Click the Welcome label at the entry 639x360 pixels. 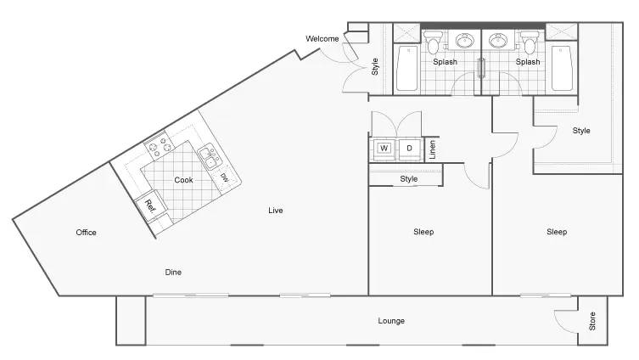322,39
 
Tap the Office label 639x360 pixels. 86,233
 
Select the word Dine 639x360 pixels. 173,272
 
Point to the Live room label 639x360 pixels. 276,211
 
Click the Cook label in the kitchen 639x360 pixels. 183,180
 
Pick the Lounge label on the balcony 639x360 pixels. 391,321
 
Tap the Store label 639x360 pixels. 592,321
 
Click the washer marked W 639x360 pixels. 384,149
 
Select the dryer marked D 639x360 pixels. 410,149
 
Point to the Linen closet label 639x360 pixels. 433,149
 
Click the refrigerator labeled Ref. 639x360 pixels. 149,206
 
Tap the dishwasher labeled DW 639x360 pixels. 225,178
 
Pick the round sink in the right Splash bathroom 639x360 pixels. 497,41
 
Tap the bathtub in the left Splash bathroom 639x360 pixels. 407,68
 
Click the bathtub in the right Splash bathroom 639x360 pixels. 562,68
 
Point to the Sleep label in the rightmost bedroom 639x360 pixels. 557,232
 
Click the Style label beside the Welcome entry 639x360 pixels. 375,66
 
